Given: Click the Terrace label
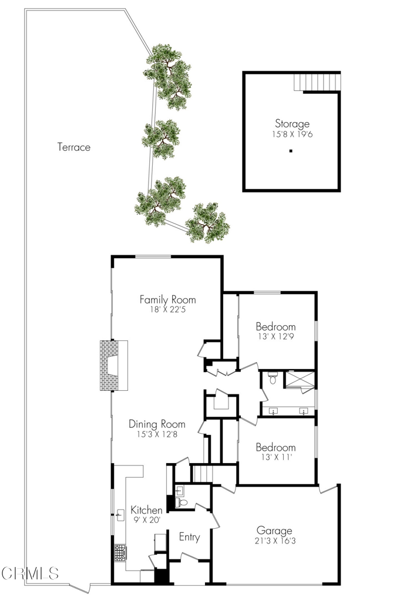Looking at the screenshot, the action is pos(74,147).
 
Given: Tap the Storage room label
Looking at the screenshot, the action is pos(293,124).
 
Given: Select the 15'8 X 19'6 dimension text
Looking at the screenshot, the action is pos(293,134).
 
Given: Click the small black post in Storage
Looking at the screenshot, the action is pos(291,151).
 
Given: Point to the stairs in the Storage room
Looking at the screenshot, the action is pos(317,82).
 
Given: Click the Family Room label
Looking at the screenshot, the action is pos(167,299).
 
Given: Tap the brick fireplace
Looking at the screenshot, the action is pos(113,365).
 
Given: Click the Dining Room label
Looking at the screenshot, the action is pos(157,424).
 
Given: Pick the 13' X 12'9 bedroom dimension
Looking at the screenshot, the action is pos(275,337).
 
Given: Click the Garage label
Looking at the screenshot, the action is pos(274,531).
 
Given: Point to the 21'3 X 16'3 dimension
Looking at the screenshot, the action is pos(275,541).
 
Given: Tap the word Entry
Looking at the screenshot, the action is pos(190,538).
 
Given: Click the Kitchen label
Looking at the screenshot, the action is pos(146,510).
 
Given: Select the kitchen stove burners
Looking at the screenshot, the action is pos(120,553).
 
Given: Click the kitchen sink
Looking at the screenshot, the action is pos(121,515).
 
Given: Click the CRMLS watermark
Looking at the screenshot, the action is pos(30,573).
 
